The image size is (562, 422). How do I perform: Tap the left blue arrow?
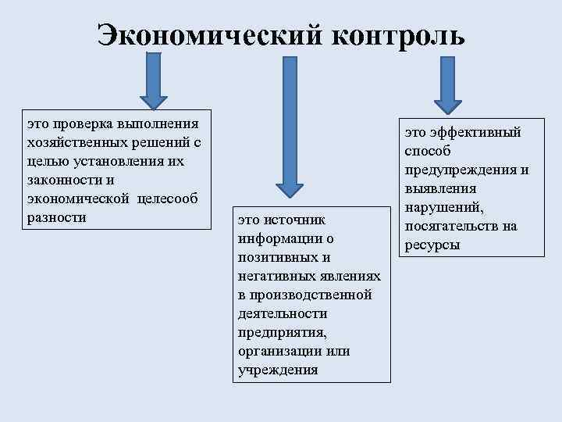[x=153, y=80]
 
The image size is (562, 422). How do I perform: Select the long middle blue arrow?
[x=288, y=125]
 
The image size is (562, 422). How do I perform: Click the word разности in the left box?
[x=55, y=217]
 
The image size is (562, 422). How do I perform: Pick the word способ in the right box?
[x=428, y=152]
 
